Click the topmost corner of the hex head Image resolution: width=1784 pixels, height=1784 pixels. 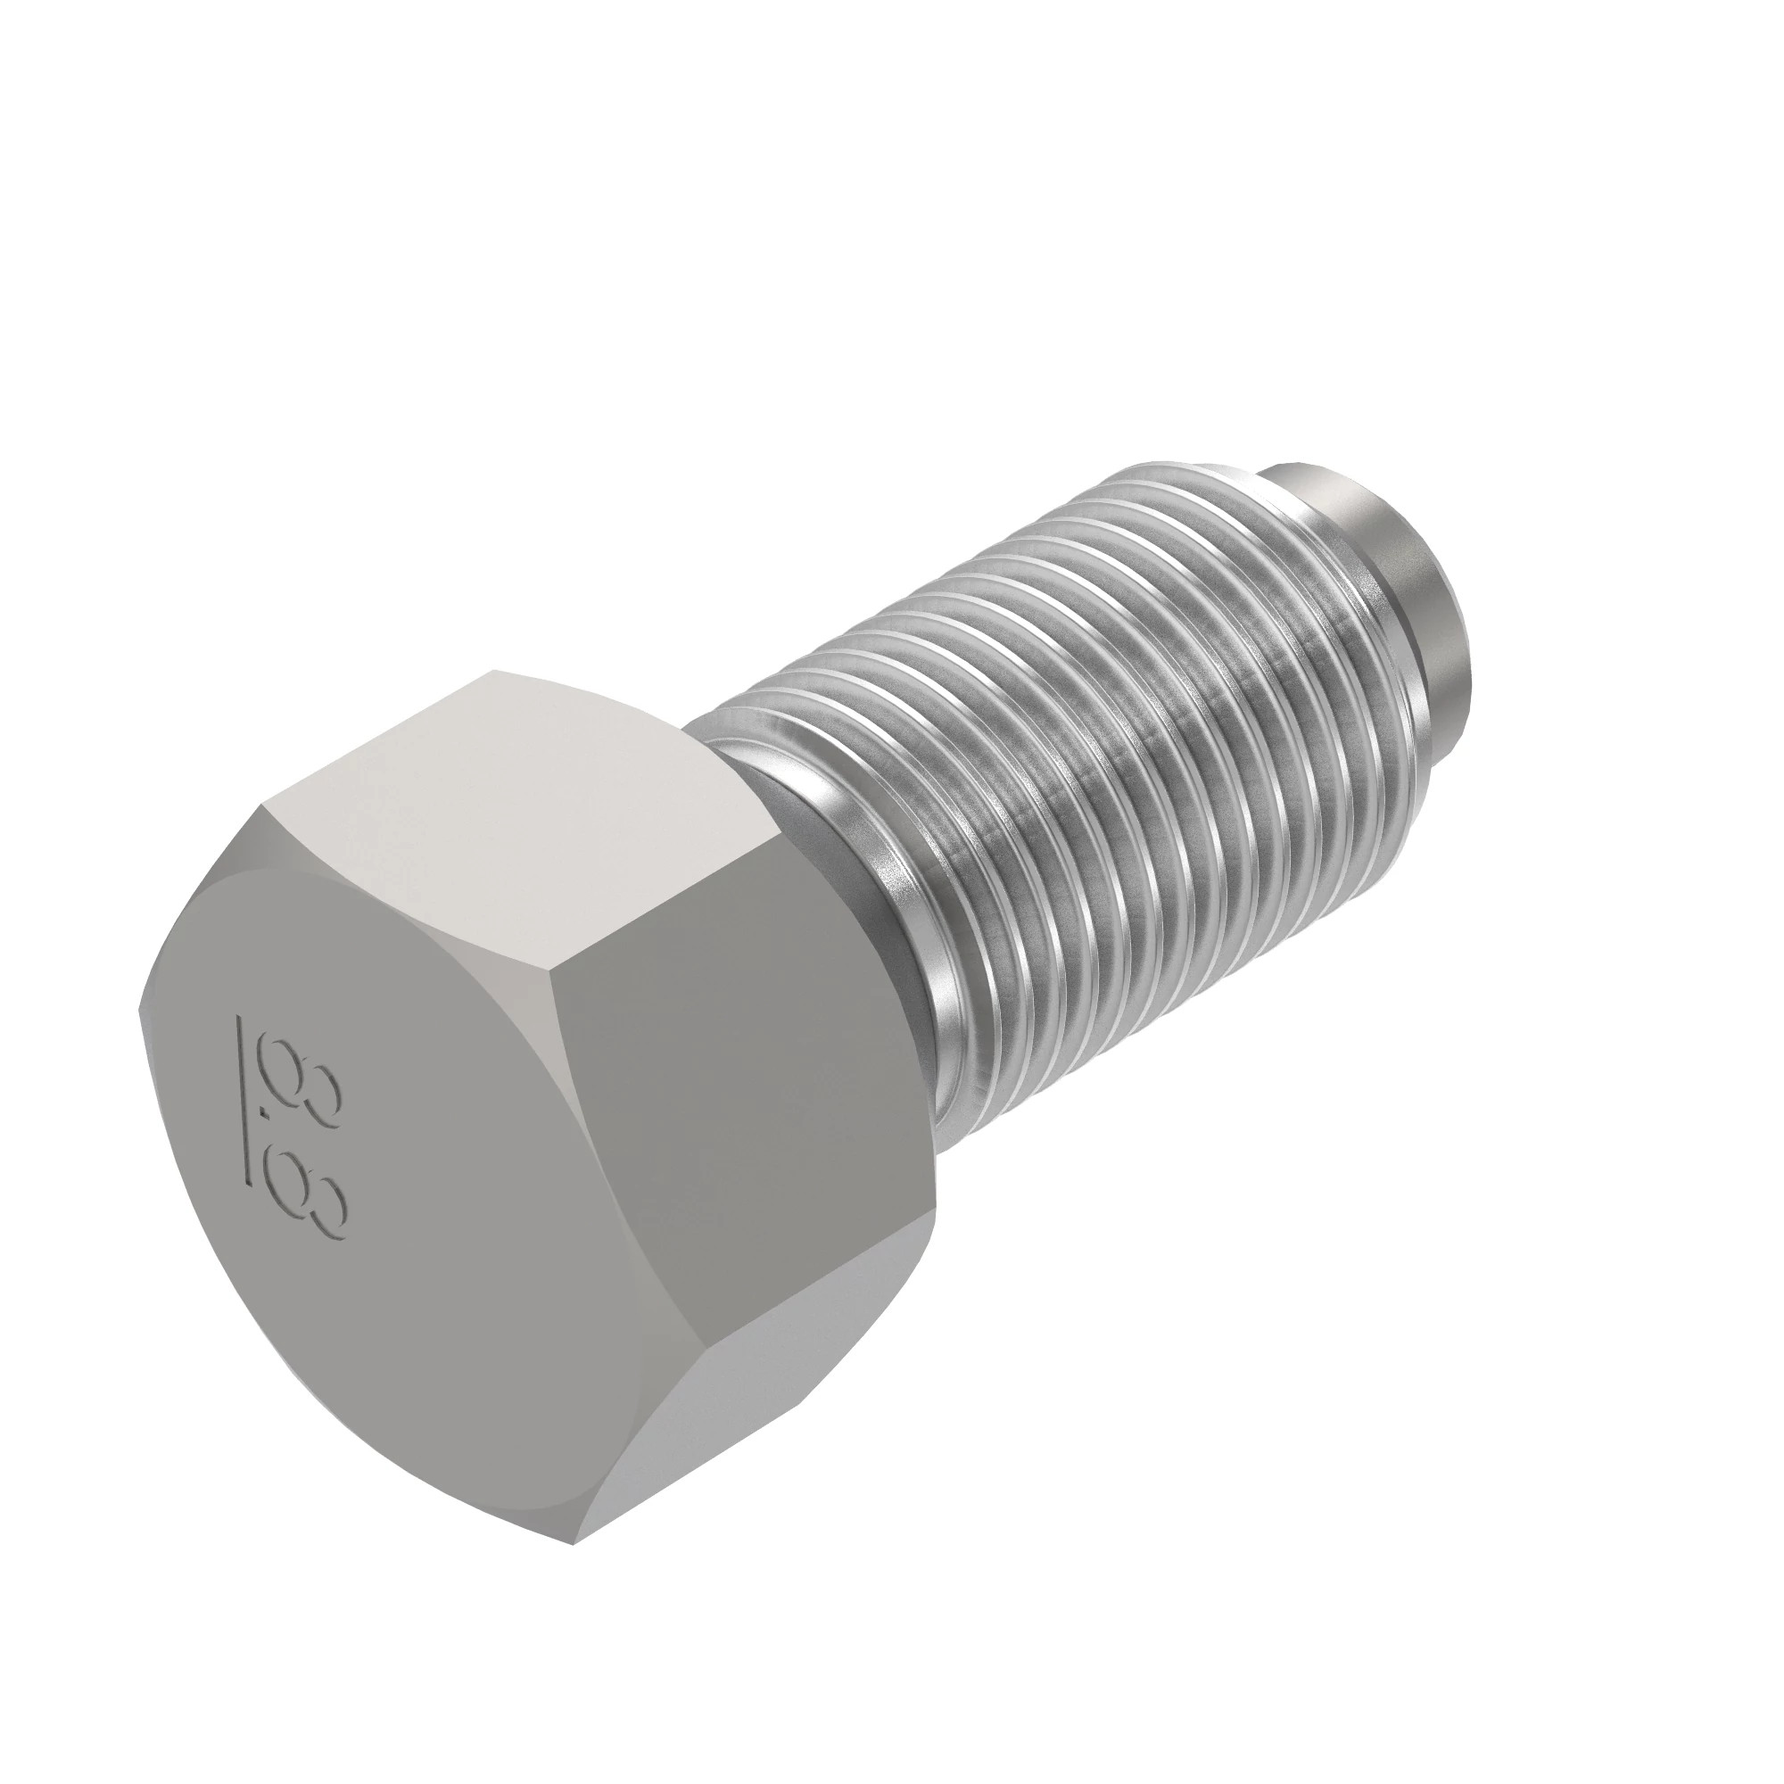[x=495, y=671]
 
